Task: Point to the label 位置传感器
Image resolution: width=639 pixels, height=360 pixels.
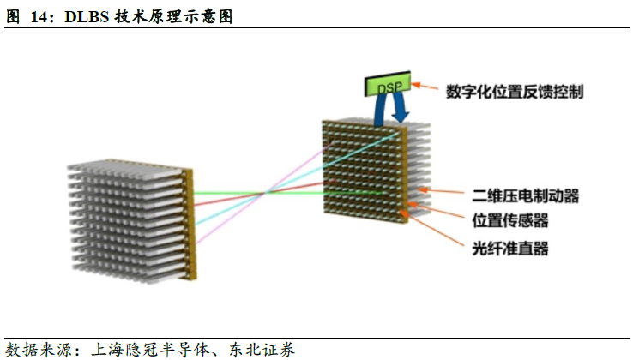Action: tap(510, 221)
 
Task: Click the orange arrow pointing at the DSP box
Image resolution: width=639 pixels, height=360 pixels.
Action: tap(425, 85)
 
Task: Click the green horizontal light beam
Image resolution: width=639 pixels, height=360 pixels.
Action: tap(257, 193)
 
